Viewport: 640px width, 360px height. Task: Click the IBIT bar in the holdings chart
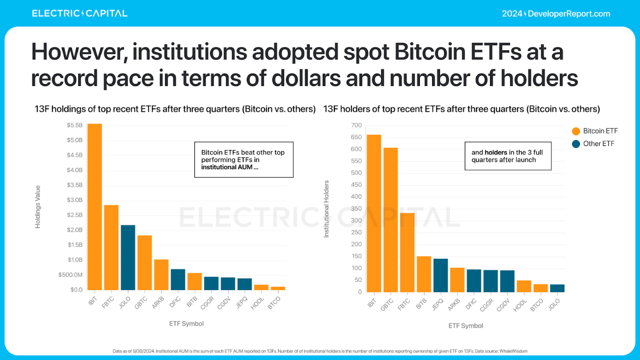coord(95,207)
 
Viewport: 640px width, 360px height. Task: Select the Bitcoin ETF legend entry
coord(595,131)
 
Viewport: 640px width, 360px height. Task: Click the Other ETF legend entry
coord(594,144)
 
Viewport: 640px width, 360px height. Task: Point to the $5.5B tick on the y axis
coord(75,125)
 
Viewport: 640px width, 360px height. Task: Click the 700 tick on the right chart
coord(357,125)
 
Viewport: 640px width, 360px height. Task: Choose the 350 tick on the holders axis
coord(357,208)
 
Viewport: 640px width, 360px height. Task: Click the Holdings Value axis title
coord(38,207)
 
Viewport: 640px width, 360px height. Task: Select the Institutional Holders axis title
coord(326,208)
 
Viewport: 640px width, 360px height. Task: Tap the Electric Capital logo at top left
coord(80,14)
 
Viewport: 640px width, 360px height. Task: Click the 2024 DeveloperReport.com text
coord(556,14)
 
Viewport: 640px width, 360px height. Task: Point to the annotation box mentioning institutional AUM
coord(244,160)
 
